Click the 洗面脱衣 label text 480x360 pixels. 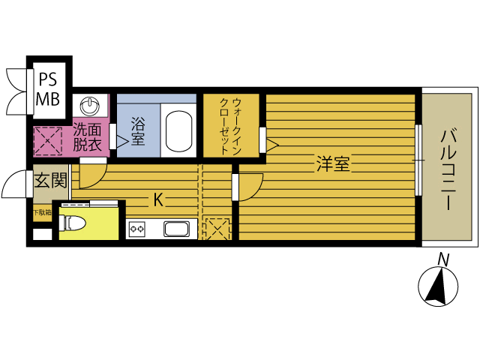click(x=89, y=136)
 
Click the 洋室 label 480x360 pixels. click(x=331, y=163)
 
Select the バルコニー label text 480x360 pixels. click(x=448, y=166)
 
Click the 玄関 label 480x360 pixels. click(x=50, y=181)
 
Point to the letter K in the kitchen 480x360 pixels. click(x=158, y=199)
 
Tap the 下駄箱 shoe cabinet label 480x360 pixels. click(x=41, y=212)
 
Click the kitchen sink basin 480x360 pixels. click(x=178, y=229)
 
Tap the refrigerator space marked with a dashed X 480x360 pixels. click(x=217, y=229)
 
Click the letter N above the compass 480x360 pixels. click(x=443, y=259)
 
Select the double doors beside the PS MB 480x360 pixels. click(x=16, y=89)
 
